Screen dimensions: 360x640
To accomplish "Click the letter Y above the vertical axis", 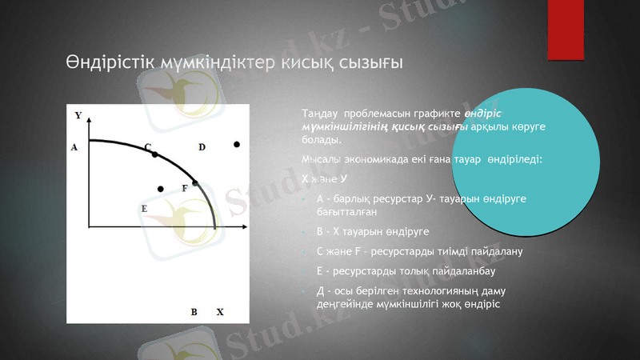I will point(78,116).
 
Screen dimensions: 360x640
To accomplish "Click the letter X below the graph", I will point(220,311).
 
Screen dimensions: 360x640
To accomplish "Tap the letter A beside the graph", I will point(74,147).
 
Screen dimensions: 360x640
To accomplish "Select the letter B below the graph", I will point(194,311).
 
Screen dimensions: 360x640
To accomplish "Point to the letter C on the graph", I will point(147,146).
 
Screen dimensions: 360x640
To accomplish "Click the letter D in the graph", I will point(202,147).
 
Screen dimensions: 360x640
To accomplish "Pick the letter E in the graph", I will point(144,208).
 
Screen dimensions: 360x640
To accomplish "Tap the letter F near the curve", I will point(185,188).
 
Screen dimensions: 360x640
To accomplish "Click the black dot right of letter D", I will point(237,145).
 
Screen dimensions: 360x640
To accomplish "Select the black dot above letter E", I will point(161,189).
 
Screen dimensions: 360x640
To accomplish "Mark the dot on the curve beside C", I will point(155,154).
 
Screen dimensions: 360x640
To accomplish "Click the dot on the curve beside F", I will point(195,183).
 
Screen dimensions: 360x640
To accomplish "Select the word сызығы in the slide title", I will point(367,62).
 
